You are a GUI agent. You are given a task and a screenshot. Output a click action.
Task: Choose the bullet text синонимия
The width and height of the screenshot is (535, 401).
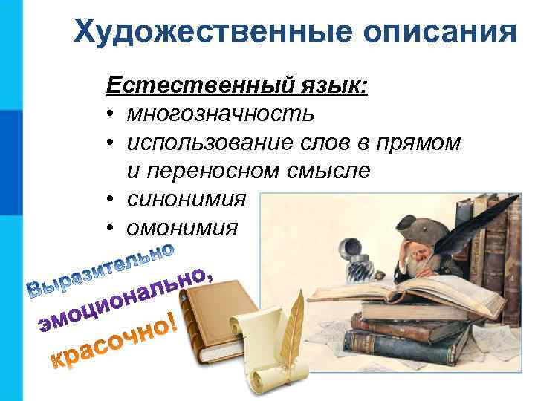186,199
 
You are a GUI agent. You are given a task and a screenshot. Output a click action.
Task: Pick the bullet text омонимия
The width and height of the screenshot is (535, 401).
183,227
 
